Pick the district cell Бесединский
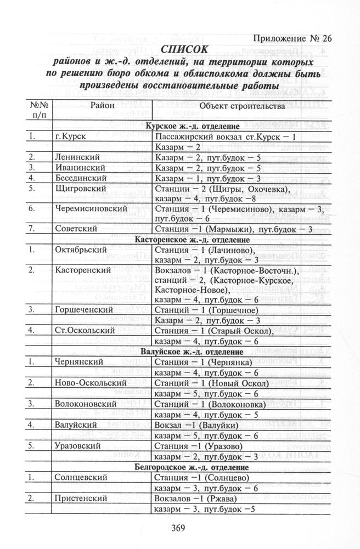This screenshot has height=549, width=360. tap(76, 178)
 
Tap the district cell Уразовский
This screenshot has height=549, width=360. tap(77, 446)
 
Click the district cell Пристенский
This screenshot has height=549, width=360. tap(79, 498)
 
